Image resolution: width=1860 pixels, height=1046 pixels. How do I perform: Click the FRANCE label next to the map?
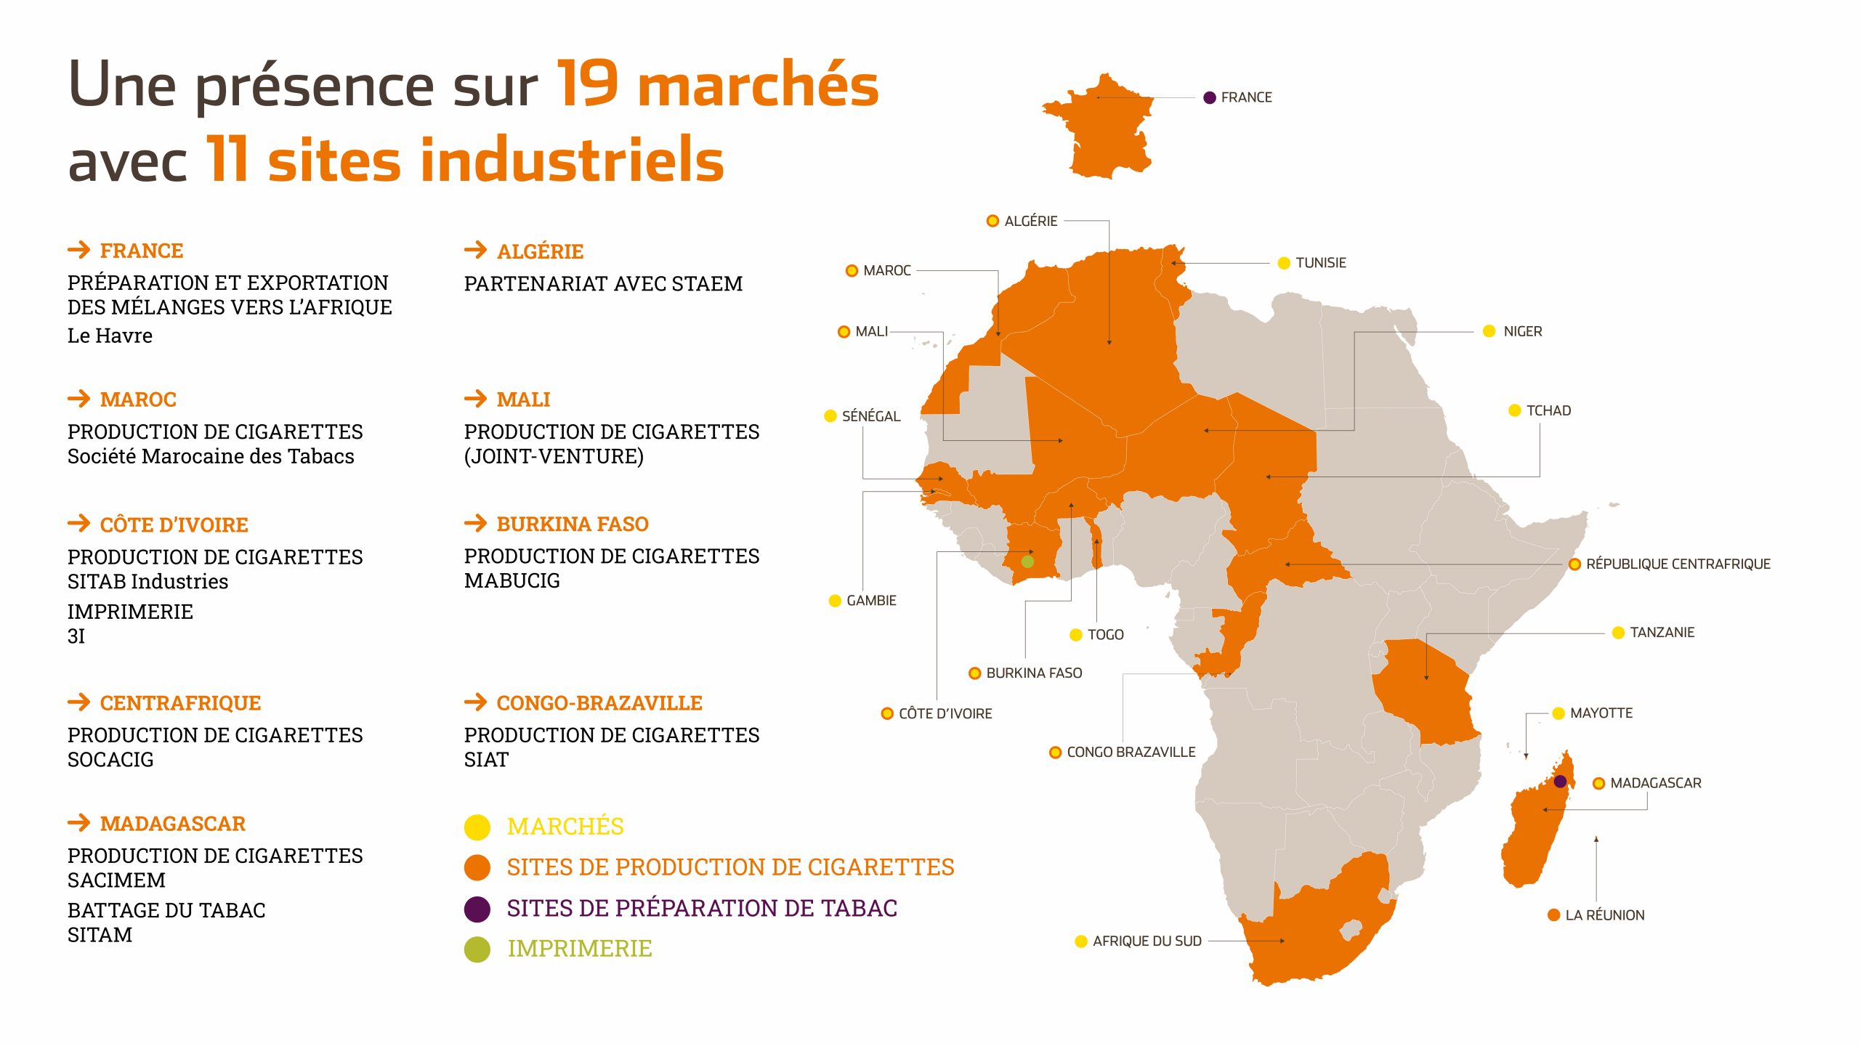[1245, 97]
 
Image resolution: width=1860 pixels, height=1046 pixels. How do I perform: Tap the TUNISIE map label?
[1320, 263]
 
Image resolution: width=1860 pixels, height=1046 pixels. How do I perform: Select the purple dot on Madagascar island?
[1560, 782]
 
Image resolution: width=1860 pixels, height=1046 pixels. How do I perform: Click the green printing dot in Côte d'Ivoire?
[1027, 561]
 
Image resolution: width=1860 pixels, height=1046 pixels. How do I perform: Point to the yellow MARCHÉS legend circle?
[477, 827]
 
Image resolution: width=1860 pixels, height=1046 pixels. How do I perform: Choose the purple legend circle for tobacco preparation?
[477, 909]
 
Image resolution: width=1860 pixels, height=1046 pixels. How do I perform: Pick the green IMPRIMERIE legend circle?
[477, 949]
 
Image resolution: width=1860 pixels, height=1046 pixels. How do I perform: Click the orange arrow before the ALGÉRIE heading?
[476, 251]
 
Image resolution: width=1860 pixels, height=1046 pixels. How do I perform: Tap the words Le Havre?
[110, 336]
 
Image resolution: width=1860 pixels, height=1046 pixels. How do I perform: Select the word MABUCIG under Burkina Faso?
[512, 581]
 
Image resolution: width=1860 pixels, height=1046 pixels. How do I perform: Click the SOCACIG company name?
[110, 760]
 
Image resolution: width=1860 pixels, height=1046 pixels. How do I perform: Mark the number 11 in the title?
[227, 160]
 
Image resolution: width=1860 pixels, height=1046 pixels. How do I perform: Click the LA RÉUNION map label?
[1604, 915]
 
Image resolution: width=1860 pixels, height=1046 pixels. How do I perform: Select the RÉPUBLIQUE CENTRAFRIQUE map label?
[1678, 564]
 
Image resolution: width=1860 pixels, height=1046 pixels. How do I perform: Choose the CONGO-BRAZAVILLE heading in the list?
[599, 703]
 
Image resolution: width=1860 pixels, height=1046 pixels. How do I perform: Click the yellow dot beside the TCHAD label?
[1515, 410]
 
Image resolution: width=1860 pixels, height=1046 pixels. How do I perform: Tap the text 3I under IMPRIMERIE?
[76, 636]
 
